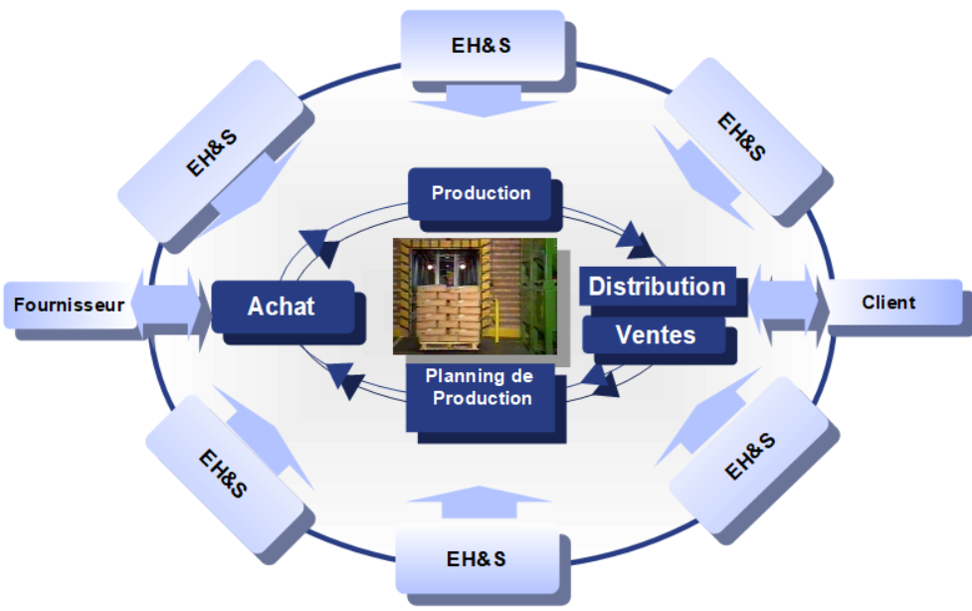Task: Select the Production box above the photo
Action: click(x=480, y=193)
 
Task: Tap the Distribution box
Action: click(x=657, y=287)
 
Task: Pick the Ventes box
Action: click(x=655, y=335)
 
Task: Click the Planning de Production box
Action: click(x=479, y=388)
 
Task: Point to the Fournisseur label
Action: click(x=69, y=305)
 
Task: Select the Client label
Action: click(x=888, y=302)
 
